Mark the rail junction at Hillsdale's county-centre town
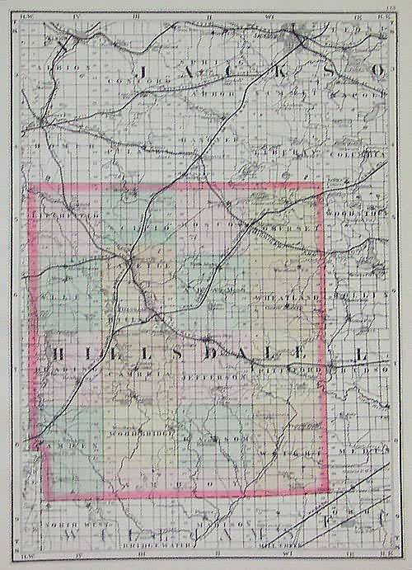point(129,263)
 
